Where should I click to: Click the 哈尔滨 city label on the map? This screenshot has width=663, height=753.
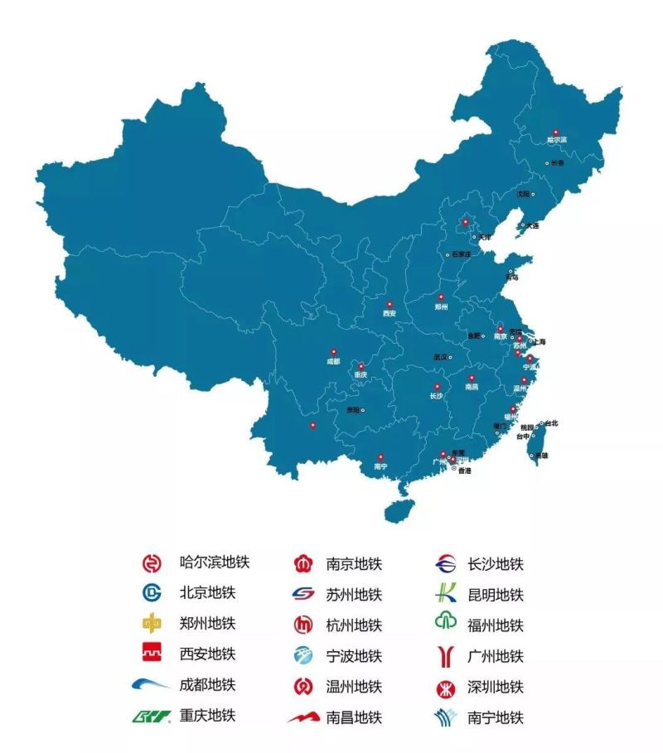coord(557,141)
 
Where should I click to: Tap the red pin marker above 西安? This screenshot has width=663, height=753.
coord(387,304)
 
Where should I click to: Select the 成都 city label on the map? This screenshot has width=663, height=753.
coord(333,361)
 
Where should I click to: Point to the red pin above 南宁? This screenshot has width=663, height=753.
coord(380,456)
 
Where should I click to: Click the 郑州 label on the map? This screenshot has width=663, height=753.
coord(441,307)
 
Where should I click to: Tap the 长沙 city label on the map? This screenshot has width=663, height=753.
coord(437,396)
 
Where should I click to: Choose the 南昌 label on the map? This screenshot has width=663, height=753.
coord(472,387)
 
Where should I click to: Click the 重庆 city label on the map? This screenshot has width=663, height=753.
coord(360,375)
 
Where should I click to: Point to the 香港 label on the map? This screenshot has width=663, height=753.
coord(464,471)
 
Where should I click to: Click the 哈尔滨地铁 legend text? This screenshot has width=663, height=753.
coord(214,562)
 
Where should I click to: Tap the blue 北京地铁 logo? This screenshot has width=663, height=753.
coord(152,593)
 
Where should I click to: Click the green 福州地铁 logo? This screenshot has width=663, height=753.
coord(445,624)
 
